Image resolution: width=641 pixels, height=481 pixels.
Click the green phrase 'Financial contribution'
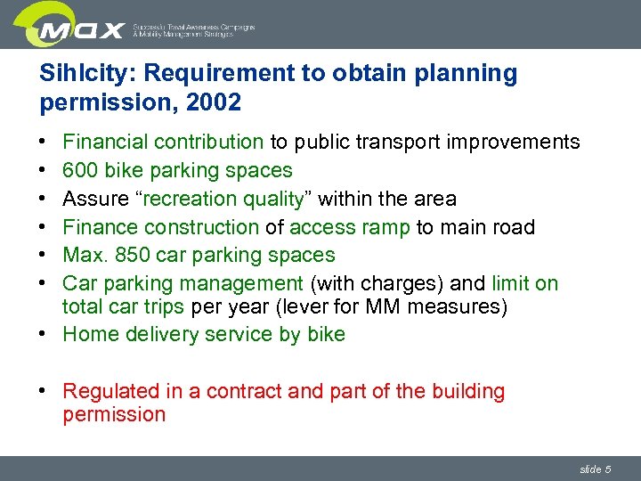pos(163,142)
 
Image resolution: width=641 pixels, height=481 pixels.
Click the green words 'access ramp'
pos(350,227)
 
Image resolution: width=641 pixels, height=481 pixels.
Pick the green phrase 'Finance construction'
pos(160,227)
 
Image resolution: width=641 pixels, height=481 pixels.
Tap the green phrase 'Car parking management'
pos(183,283)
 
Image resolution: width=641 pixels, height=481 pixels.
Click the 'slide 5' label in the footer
pos(595,469)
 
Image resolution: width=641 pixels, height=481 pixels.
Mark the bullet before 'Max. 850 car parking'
pos(45,256)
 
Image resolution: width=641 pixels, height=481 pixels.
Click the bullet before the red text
pos(45,392)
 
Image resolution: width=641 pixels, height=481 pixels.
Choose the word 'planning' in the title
pos(463,73)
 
